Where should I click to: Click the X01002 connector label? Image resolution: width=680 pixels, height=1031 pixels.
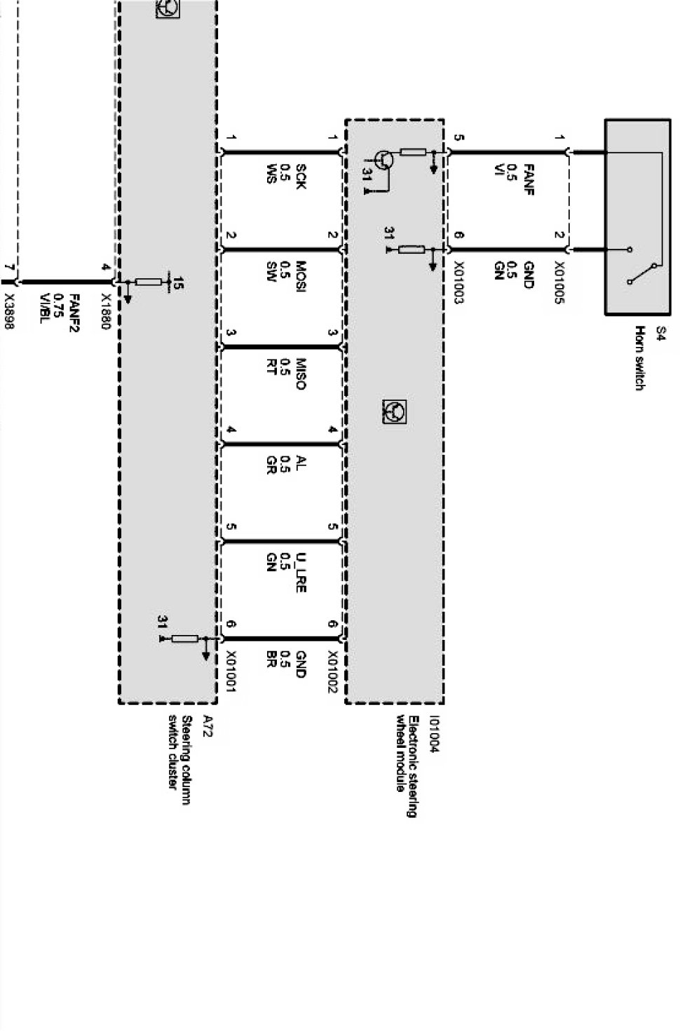pyautogui.click(x=332, y=671)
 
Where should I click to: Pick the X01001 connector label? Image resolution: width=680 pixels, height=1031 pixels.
pyautogui.click(x=231, y=671)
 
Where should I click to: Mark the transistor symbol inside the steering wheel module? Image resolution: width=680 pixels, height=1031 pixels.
pyautogui.click(x=383, y=161)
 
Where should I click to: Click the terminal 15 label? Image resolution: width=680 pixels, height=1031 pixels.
pyautogui.click(x=179, y=284)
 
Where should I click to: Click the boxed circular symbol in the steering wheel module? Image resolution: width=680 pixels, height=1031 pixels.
pyautogui.click(x=395, y=411)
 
